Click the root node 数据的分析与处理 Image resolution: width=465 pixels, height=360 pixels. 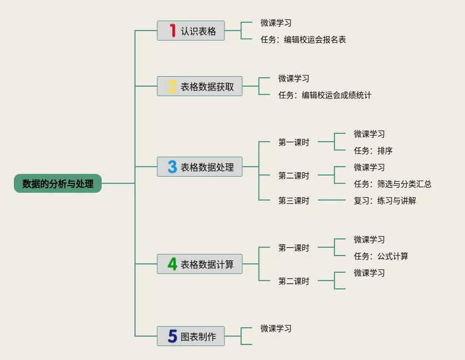(58, 183)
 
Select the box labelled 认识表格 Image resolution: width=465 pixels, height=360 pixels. (191, 31)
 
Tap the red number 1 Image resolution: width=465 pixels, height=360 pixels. (172, 31)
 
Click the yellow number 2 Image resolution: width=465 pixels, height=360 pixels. (172, 86)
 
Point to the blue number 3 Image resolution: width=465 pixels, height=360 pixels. (172, 167)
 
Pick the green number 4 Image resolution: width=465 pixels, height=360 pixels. (172, 264)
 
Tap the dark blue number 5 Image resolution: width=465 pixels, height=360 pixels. (172, 336)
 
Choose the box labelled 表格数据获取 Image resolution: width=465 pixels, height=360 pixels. (199, 86)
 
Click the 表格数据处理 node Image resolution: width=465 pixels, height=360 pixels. (199, 167)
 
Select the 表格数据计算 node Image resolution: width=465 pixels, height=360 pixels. (199, 264)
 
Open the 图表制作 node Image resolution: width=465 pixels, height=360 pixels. (191, 336)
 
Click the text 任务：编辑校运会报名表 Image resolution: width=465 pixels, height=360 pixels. (303, 39)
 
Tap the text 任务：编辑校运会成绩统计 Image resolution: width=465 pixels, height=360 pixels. (324, 95)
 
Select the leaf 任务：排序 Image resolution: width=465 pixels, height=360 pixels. (373, 151)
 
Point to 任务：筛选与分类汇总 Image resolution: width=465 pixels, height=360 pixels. (392, 184)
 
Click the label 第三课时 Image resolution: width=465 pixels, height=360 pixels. (293, 201)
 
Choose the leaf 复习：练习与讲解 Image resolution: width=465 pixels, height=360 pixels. (384, 201)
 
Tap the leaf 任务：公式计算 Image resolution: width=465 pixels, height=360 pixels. (381, 256)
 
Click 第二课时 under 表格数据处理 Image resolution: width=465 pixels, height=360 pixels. (293, 176)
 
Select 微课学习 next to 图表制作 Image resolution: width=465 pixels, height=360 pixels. (276, 328)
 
